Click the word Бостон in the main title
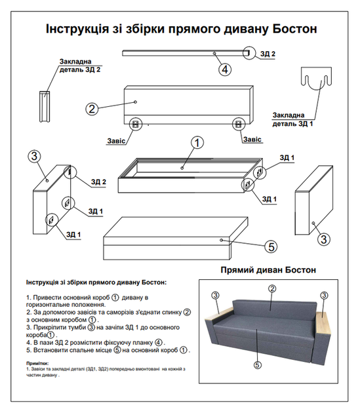pos(294,29)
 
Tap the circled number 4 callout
pos(225,69)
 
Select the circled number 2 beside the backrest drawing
pos(92,109)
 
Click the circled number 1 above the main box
pos(197,142)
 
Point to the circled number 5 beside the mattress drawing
pos(271,246)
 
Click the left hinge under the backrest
pos(136,124)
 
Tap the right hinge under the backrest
pos(239,124)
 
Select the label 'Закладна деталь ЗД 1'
pos(292,119)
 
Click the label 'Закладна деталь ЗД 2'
pos(80,66)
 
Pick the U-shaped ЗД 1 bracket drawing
pos(316,78)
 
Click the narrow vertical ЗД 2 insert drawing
pos(45,107)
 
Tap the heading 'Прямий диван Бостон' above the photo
pos(268,270)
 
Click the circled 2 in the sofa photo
pos(272,288)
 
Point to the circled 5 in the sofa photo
pos(258,364)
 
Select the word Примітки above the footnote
pos(37,363)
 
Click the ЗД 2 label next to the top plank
pos(268,54)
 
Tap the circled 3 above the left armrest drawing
pos(34,156)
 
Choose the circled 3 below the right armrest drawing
pos(324,239)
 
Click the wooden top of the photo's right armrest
pos(321,323)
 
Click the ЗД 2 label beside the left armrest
pos(98,182)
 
